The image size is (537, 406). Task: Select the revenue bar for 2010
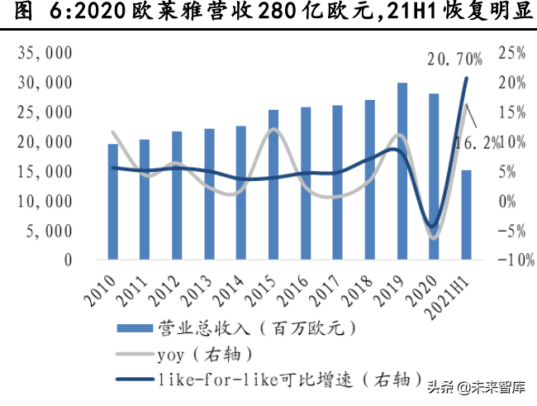click(x=112, y=202)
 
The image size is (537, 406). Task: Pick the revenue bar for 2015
click(x=273, y=184)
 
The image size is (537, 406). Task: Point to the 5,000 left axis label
click(x=49, y=231)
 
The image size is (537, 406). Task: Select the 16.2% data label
click(x=478, y=144)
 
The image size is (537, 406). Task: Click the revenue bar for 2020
click(x=434, y=177)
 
